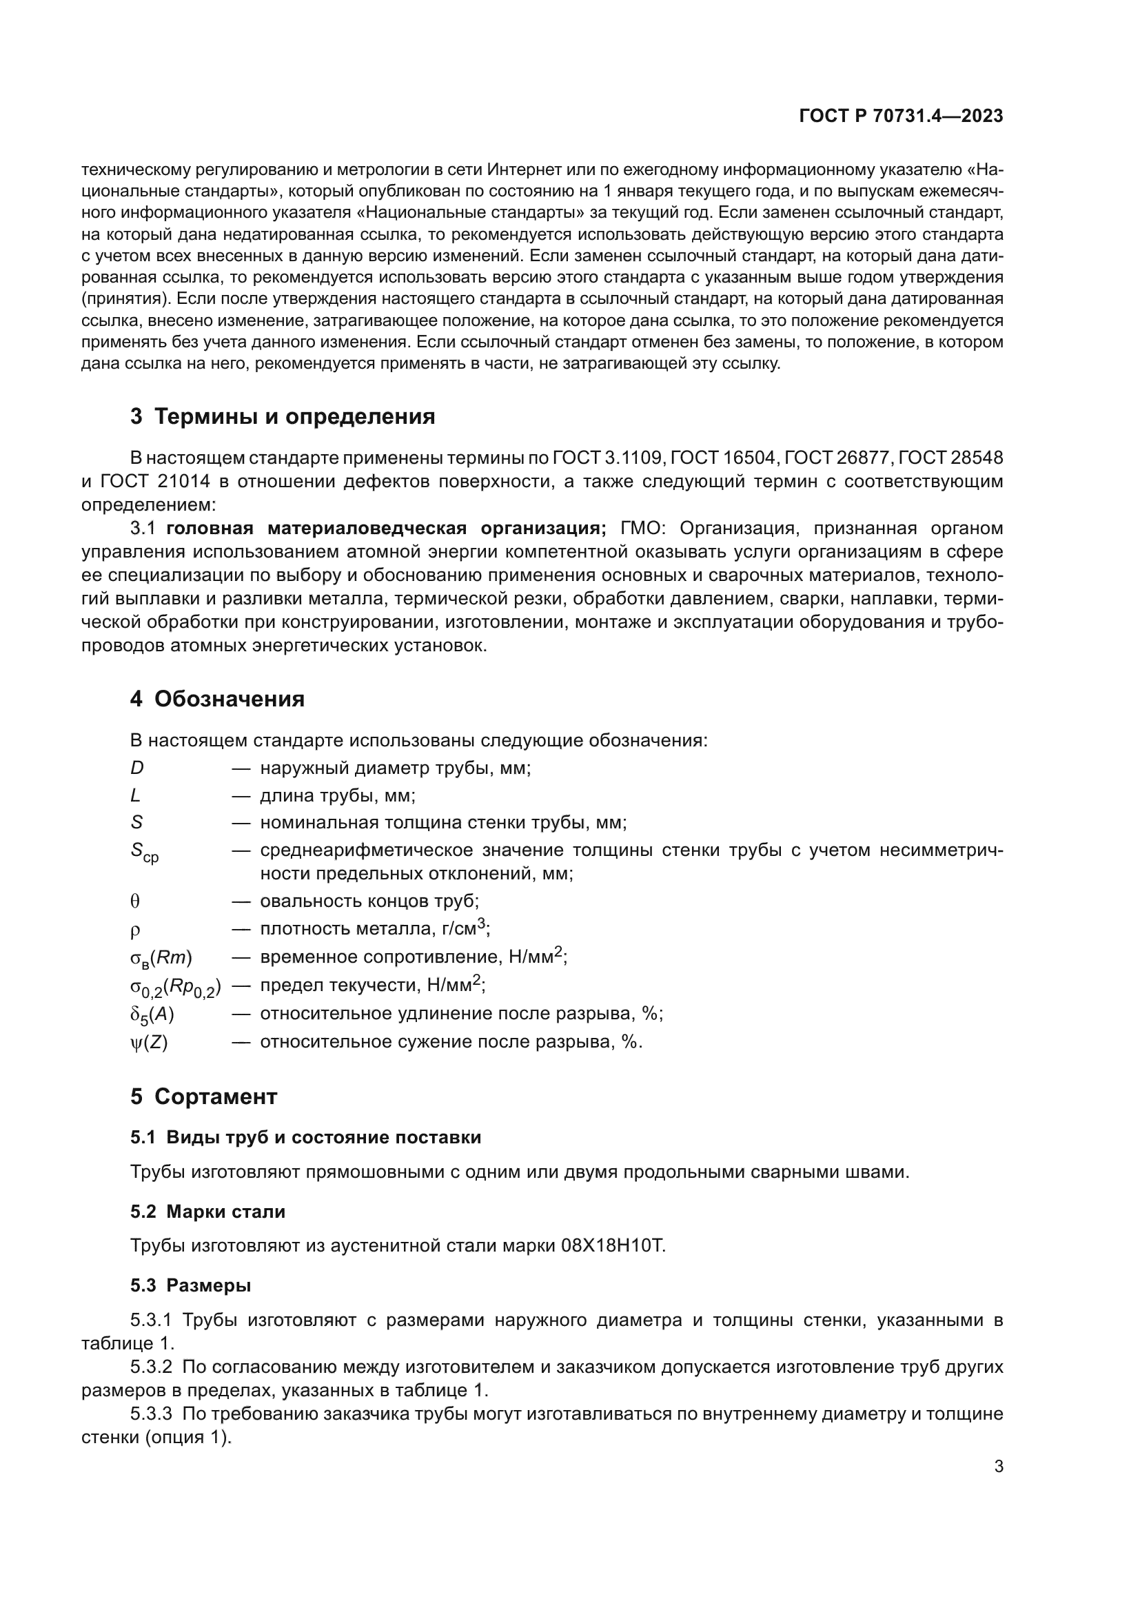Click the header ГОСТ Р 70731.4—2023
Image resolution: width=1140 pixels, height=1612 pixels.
click(x=901, y=116)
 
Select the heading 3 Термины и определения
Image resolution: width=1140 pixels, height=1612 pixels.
click(x=282, y=416)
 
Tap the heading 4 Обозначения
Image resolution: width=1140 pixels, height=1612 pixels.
click(x=217, y=700)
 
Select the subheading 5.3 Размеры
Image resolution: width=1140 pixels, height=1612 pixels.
click(x=190, y=1285)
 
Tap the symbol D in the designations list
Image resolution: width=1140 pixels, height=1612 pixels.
click(x=137, y=768)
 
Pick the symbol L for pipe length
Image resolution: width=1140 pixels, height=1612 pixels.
click(x=136, y=795)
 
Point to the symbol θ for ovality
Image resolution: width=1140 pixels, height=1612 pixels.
click(x=136, y=901)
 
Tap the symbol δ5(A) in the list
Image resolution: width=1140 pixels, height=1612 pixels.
click(x=152, y=1014)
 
